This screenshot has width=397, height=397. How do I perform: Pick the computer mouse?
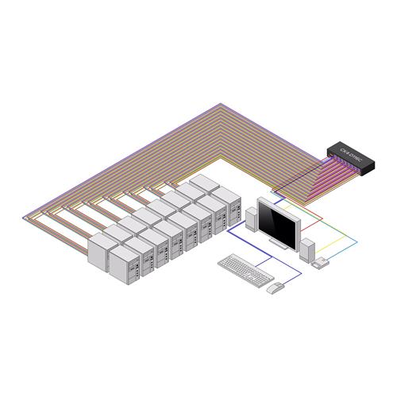point(276,287)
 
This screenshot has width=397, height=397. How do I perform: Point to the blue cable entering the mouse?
point(294,278)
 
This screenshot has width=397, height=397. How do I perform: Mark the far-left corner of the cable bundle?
point(28,212)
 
